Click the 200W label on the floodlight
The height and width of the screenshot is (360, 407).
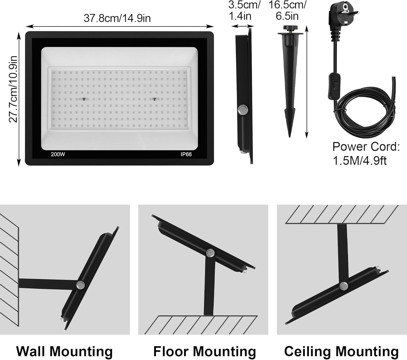click(x=58, y=154)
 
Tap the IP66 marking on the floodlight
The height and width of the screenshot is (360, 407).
click(x=186, y=154)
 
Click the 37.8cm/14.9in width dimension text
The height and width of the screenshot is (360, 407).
click(x=117, y=18)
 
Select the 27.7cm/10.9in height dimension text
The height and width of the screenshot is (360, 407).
click(x=13, y=89)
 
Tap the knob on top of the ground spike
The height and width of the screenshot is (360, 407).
click(x=290, y=28)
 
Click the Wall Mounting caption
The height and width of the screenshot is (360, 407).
click(x=64, y=351)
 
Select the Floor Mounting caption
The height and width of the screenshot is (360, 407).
click(x=205, y=351)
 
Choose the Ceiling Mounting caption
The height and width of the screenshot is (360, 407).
click(x=341, y=351)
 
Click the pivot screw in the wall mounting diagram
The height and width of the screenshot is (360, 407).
click(x=80, y=285)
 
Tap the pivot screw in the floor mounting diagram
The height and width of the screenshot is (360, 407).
click(x=210, y=253)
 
